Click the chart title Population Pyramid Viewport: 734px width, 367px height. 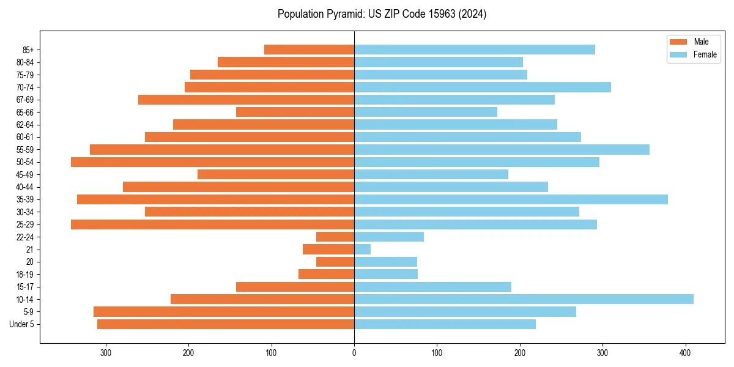coord(382,14)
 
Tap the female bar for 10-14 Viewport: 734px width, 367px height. coord(524,299)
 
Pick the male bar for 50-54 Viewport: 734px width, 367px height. coord(212,162)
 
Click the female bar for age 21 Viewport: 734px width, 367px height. coord(362,250)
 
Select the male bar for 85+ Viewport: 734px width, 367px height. coord(309,50)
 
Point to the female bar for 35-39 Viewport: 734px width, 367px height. coord(511,199)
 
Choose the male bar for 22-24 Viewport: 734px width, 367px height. coord(335,237)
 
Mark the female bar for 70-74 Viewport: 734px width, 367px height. coord(483,87)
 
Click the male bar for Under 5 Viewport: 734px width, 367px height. coord(226,324)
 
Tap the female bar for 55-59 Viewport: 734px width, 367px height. coord(502,150)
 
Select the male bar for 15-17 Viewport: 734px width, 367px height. coord(295,287)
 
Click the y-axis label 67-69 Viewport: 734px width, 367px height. coord(25,100)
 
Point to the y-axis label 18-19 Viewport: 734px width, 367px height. coord(25,275)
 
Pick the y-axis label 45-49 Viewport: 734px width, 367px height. coord(25,175)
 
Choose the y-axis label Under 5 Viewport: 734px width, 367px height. coord(22,324)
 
